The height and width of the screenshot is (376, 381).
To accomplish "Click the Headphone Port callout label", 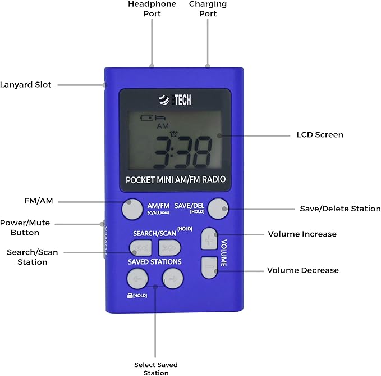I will [152, 8].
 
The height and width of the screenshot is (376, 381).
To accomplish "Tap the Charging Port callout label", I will [208, 8].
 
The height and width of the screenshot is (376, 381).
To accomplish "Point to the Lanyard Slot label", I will [26, 85].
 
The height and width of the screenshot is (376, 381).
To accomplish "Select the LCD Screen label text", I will [319, 135].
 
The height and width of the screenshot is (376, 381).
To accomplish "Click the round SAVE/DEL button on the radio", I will [218, 209].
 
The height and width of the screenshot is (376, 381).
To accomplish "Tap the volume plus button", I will [209, 238].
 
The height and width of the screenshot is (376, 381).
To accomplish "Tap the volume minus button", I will [209, 268].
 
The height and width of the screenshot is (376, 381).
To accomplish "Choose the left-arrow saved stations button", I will [137, 277].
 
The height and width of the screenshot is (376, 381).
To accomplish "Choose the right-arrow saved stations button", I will [173, 277].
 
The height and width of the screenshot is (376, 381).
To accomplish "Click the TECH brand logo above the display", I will [175, 100].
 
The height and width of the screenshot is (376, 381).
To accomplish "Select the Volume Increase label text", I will [302, 234].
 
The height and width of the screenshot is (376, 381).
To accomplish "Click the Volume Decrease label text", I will [302, 270].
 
